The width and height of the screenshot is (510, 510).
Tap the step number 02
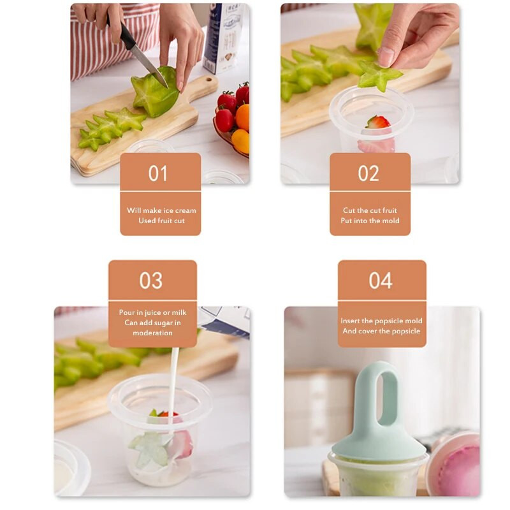pyautogui.click(x=369, y=173)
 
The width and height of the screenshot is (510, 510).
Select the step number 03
pyautogui.click(x=152, y=280)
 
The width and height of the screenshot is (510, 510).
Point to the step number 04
pyautogui.click(x=381, y=280)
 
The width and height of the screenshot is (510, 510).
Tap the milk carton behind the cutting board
pyautogui.click(x=224, y=38)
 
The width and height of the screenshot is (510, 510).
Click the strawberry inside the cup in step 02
pyautogui.click(x=378, y=122)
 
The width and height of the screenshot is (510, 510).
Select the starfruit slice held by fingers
pyautogui.click(x=377, y=76)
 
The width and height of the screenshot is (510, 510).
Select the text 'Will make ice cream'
pyautogui.click(x=161, y=210)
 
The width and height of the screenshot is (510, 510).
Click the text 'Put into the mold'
pyautogui.click(x=370, y=221)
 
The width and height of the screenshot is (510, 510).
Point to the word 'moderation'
pyautogui.click(x=152, y=333)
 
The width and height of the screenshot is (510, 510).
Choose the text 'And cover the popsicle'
pyautogui.click(x=381, y=331)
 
